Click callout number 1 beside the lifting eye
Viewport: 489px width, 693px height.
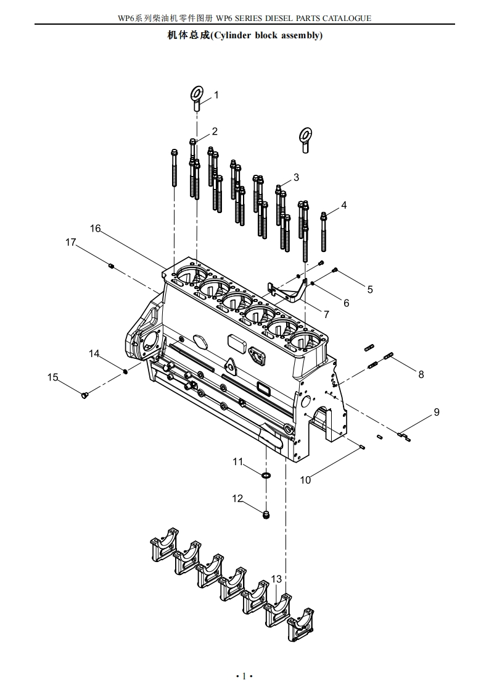(216, 95)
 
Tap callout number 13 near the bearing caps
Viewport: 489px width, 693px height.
(276, 579)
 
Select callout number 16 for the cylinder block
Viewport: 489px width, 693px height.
(96, 229)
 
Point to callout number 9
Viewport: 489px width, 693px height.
(437, 413)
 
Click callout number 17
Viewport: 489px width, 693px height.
(71, 243)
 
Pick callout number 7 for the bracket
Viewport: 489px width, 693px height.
(326, 314)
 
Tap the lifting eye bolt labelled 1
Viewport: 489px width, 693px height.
(197, 99)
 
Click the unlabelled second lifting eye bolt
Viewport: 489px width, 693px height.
(305, 140)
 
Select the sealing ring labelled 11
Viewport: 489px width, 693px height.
(266, 476)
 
